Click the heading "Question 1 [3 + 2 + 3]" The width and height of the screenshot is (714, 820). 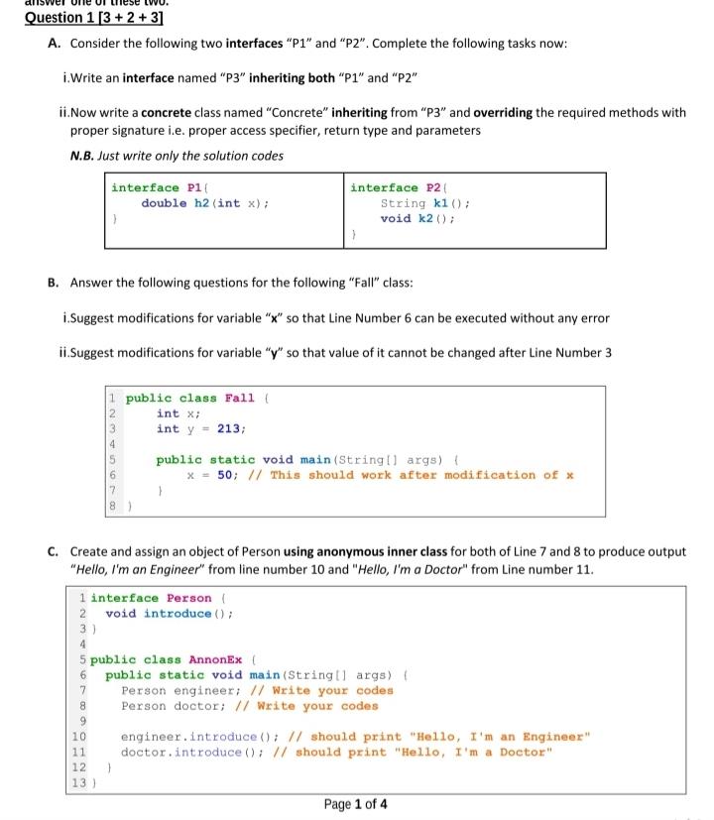[x=93, y=19]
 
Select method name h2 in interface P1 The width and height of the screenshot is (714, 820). [x=201, y=203]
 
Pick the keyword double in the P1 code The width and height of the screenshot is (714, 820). [x=164, y=203]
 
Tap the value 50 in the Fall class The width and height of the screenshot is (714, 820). [x=226, y=475]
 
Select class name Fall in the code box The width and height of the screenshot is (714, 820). [x=239, y=399]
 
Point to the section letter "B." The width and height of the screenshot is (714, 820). [x=54, y=283]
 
